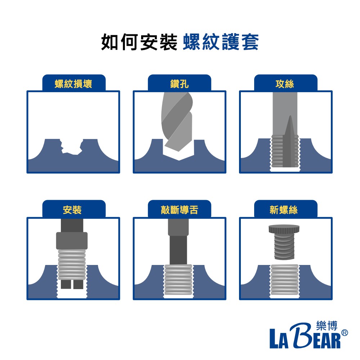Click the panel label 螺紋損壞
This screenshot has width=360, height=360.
click(73, 84)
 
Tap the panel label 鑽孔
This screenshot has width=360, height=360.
click(180, 84)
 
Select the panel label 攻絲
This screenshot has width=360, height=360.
click(285, 84)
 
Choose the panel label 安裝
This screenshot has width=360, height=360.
click(72, 210)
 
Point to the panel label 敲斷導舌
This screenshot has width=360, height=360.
click(180, 210)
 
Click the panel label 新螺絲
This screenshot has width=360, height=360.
click(284, 210)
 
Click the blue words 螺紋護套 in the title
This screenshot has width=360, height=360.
click(221, 42)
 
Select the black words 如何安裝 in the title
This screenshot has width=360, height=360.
click(139, 42)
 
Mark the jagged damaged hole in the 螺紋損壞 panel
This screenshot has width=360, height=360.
click(71, 147)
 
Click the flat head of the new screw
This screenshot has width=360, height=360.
click(284, 229)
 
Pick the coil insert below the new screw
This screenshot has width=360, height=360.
click(285, 280)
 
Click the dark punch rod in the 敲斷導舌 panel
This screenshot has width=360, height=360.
click(179, 242)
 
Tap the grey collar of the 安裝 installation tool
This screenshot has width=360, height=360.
click(72, 241)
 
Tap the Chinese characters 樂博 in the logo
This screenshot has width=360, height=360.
click(327, 326)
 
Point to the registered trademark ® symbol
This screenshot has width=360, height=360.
click(345, 333)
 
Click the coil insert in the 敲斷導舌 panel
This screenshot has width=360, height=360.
click(179, 280)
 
